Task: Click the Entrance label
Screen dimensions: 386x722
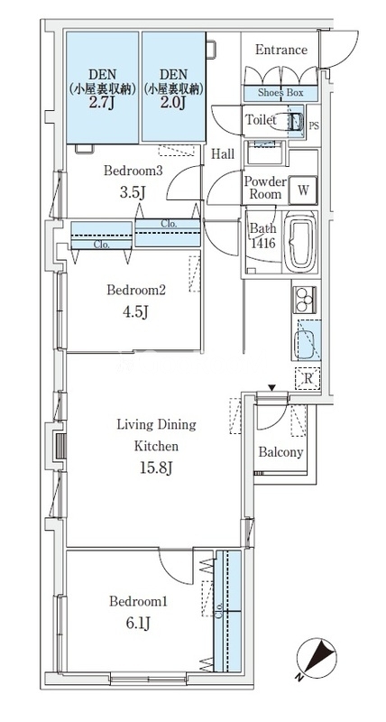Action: coord(281,50)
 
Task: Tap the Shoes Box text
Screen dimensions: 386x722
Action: coord(280,93)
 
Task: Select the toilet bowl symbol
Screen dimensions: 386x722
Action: coord(285,122)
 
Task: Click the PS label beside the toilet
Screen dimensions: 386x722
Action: coord(313,125)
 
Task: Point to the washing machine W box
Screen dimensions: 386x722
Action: coord(303,190)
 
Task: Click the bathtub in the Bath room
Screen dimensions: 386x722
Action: coord(299,242)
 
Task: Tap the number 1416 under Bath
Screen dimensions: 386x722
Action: coord(263,243)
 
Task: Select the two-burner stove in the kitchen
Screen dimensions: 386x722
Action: coord(304,300)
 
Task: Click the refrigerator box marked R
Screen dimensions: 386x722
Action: coord(308,379)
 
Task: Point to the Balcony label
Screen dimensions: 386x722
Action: coord(280,452)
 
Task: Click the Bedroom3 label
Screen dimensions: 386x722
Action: coord(133,171)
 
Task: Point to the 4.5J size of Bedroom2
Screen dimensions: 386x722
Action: coord(136,312)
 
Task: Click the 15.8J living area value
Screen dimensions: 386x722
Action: coord(156,468)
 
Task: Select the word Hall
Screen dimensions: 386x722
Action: coord(223,154)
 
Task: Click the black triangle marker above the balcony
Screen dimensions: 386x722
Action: coord(271,389)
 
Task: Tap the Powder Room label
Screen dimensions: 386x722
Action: coord(265,188)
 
